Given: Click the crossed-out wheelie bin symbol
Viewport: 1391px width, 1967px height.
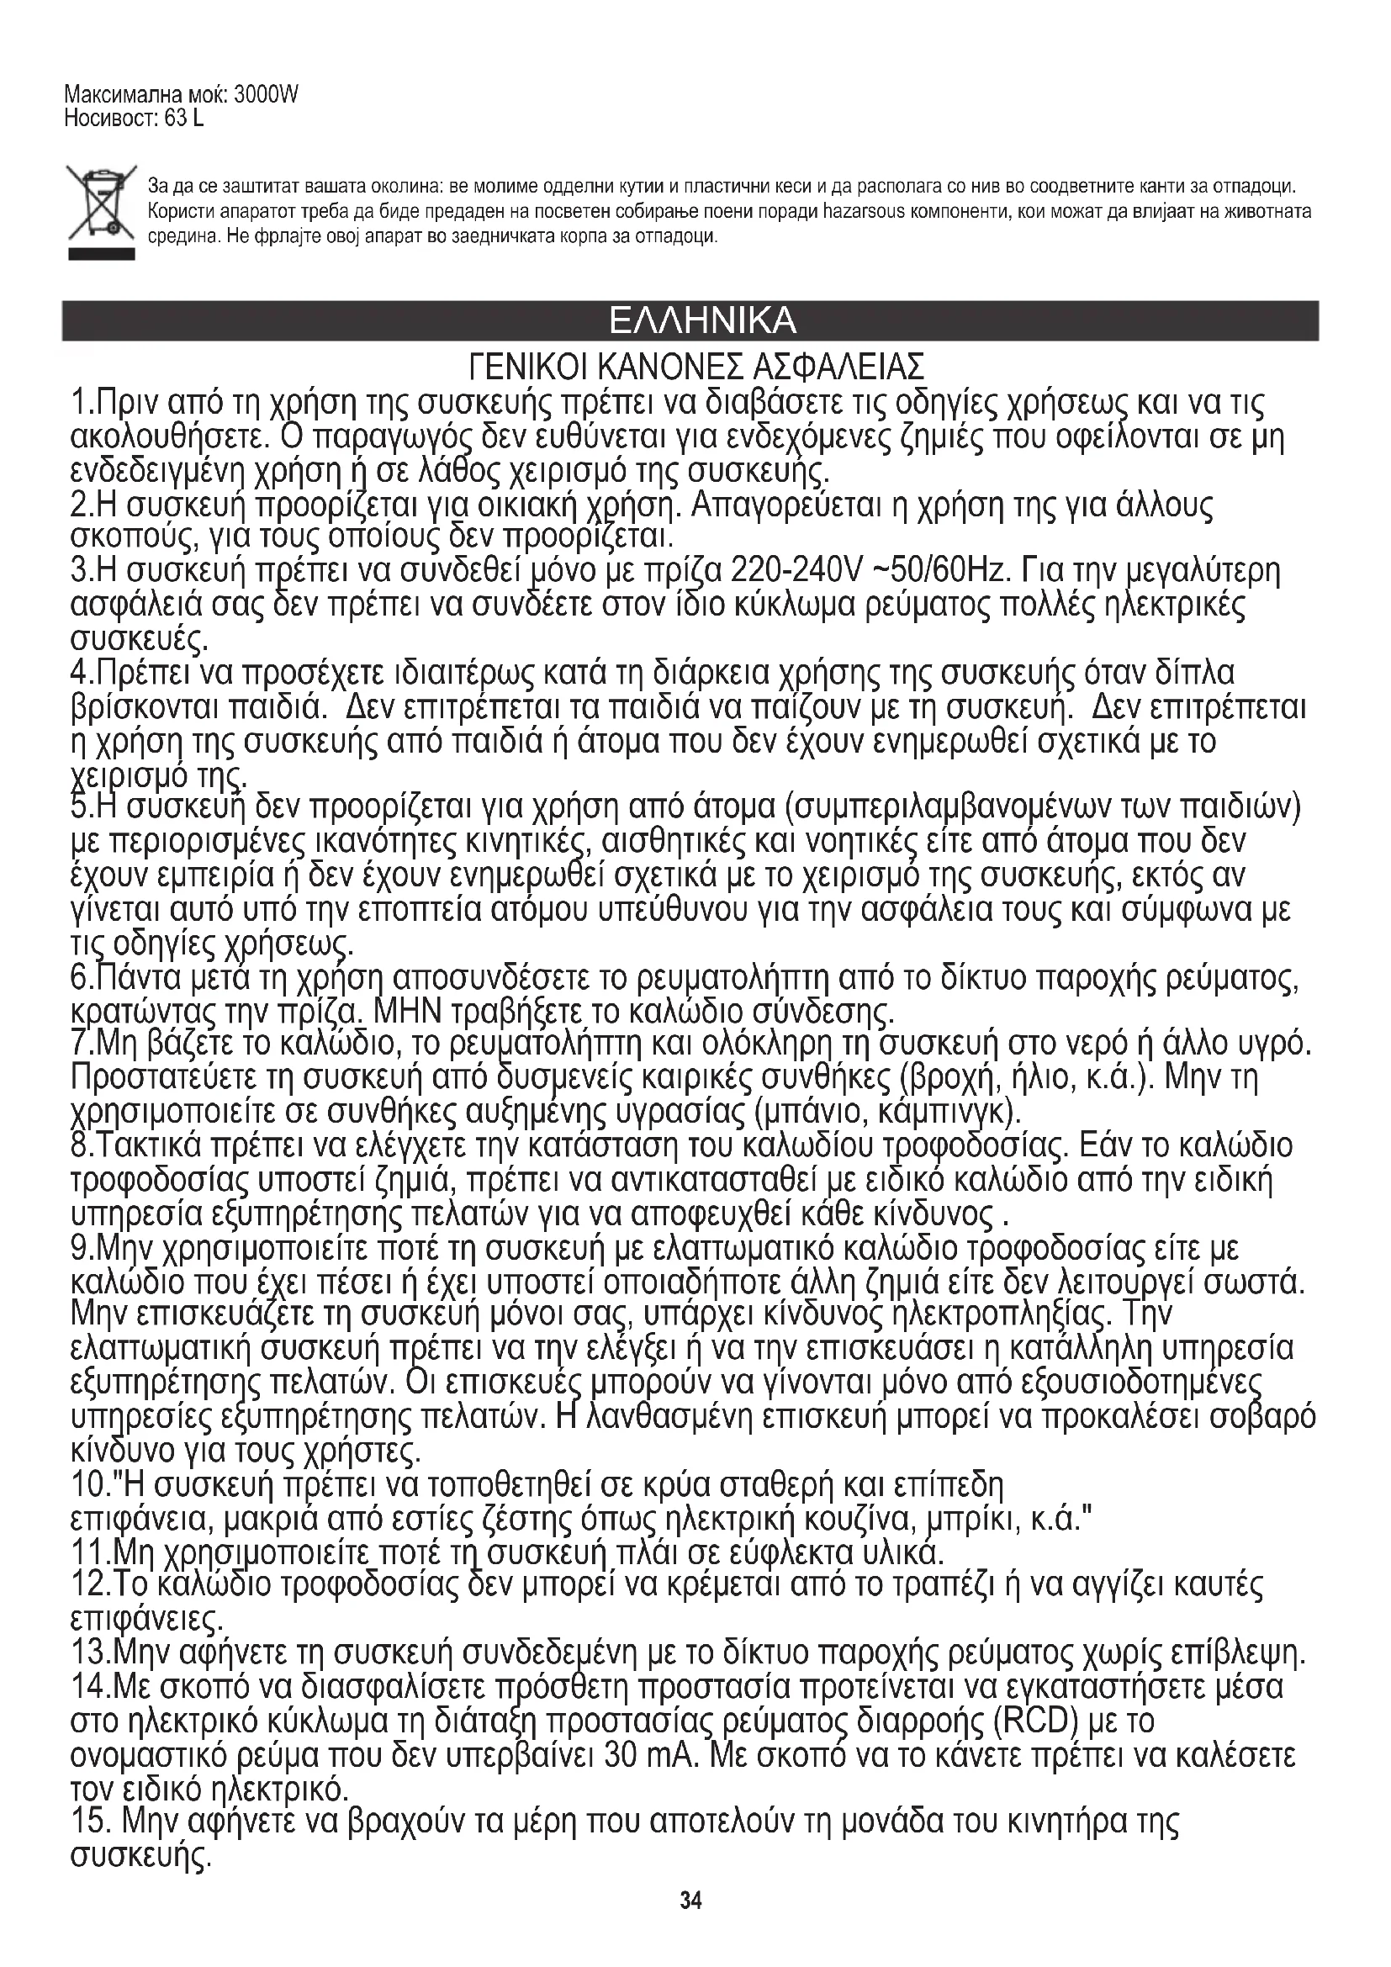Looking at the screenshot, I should (101, 204).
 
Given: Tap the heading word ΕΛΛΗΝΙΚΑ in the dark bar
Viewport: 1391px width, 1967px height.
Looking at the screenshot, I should (701, 320).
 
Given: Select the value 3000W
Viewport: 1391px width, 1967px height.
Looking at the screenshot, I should (266, 95).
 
